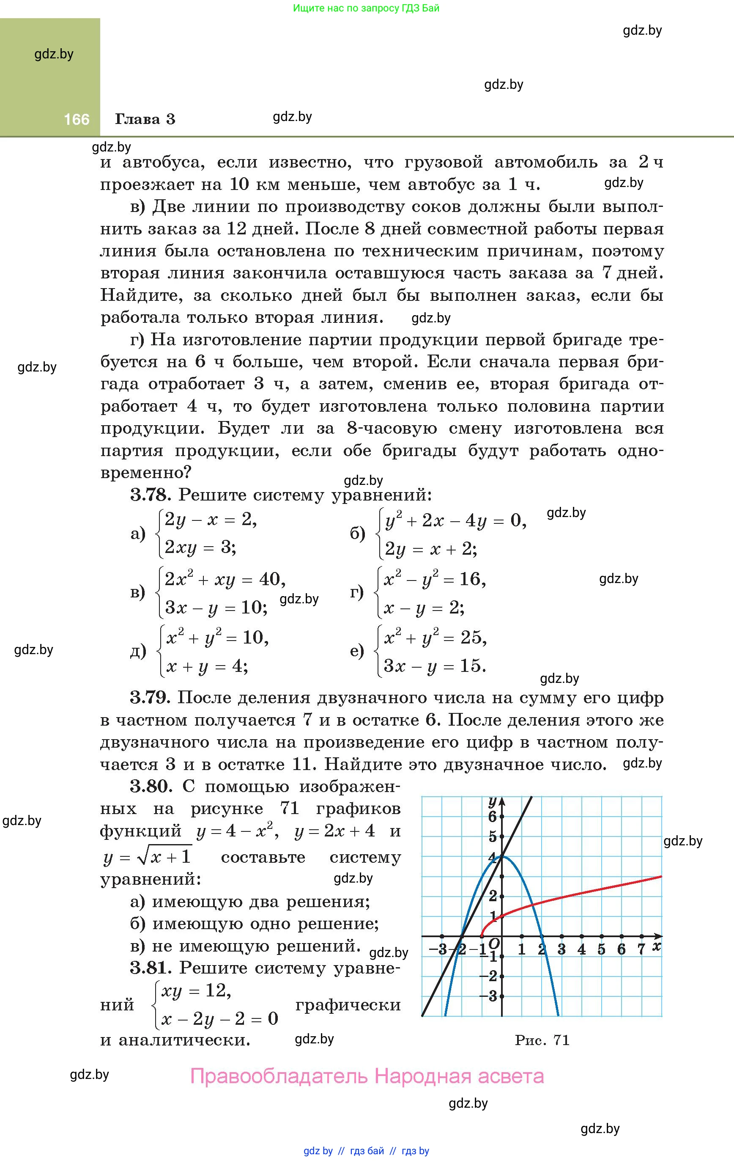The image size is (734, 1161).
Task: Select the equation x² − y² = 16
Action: click(x=434, y=579)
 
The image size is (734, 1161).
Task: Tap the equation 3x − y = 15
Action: click(x=434, y=666)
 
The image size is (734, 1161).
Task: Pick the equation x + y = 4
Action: click(x=207, y=666)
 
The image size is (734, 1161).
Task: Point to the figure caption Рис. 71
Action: click(x=542, y=1040)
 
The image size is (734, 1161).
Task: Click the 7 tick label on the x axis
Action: click(x=641, y=949)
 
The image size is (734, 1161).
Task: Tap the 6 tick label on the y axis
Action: click(x=492, y=817)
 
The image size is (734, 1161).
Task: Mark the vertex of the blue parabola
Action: click(x=502, y=856)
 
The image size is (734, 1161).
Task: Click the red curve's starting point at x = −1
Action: click(x=482, y=936)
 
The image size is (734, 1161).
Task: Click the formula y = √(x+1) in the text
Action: click(x=148, y=857)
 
